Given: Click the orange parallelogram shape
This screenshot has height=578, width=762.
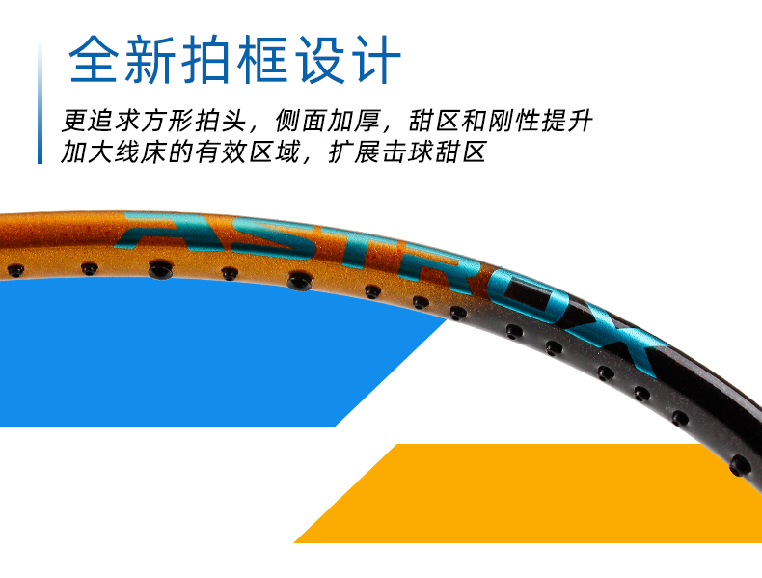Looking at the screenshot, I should point(540,492).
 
